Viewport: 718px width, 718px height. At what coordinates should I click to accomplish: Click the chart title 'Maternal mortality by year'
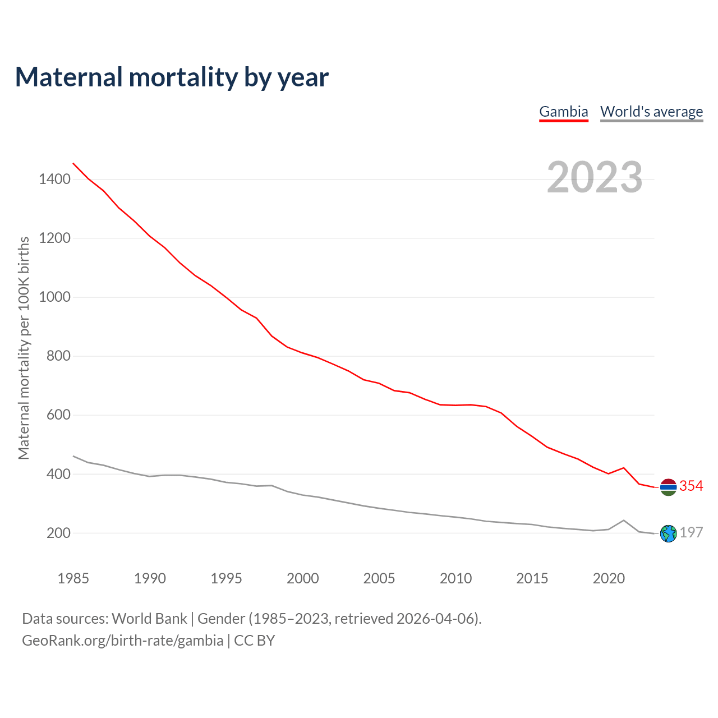pos(172,77)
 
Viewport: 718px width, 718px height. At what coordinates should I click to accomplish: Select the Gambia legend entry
pos(563,112)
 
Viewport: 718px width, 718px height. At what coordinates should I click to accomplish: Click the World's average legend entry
pos(651,112)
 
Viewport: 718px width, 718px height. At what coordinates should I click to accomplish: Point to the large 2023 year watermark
pos(595,177)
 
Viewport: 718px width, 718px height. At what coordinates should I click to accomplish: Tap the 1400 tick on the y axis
pos(54,179)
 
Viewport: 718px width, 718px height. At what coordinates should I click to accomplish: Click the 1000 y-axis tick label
pos(54,297)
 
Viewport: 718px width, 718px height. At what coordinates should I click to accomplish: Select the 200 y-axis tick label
pos(58,533)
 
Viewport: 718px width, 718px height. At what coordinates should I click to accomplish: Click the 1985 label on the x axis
pos(73,578)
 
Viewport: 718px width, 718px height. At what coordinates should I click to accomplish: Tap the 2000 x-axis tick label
pos(303,578)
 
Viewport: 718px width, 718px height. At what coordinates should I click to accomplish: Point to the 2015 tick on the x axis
pos(532,578)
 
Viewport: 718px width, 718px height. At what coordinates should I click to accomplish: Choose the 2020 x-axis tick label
pos(609,578)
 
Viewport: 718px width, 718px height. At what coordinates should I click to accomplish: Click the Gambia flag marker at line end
pos(668,487)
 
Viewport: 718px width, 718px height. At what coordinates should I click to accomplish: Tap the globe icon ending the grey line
pos(668,533)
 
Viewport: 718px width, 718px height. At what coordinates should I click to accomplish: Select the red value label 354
pos(691,486)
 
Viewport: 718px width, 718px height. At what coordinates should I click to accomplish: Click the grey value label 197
pos(691,532)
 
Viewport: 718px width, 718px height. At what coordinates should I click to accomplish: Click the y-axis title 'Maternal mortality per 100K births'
pos(24,348)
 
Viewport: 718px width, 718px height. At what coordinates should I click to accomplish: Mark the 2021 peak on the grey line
pos(624,521)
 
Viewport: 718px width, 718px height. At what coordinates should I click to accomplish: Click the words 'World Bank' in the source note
pos(149,619)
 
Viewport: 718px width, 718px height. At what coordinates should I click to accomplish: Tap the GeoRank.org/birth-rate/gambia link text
pos(122,641)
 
